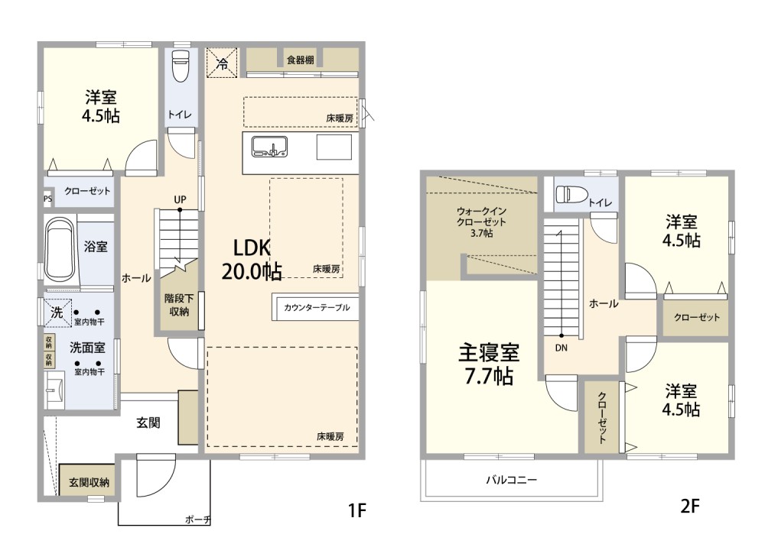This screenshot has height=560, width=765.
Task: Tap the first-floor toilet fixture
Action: (181, 66)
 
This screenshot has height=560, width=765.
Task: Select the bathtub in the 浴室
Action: (60, 249)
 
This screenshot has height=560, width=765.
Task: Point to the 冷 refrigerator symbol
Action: (222, 62)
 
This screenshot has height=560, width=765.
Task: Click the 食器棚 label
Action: (300, 60)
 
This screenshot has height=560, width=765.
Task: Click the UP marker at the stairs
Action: (180, 200)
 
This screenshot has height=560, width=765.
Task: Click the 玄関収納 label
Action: (89, 482)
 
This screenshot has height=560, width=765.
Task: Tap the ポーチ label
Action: (197, 520)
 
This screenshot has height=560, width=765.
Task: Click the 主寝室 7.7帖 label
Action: (489, 364)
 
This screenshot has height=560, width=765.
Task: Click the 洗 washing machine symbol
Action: (57, 312)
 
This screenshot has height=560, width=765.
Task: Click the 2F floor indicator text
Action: (691, 506)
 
